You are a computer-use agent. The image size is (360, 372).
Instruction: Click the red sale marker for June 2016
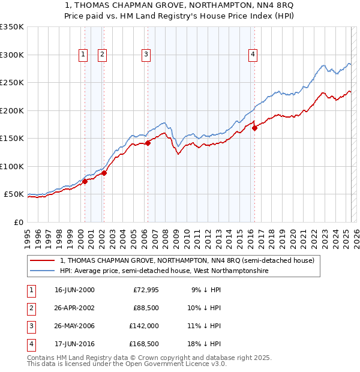click(254, 128)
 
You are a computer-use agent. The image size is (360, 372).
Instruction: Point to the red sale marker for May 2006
click(148, 143)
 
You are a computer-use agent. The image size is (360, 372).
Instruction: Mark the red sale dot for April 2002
click(104, 173)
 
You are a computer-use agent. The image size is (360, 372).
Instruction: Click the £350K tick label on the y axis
click(11, 27)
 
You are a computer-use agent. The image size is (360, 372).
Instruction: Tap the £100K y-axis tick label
click(11, 166)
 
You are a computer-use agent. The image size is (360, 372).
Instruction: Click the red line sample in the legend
click(42, 260)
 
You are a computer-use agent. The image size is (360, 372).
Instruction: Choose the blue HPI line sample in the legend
click(42, 271)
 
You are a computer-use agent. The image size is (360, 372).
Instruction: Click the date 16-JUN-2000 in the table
click(74, 290)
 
